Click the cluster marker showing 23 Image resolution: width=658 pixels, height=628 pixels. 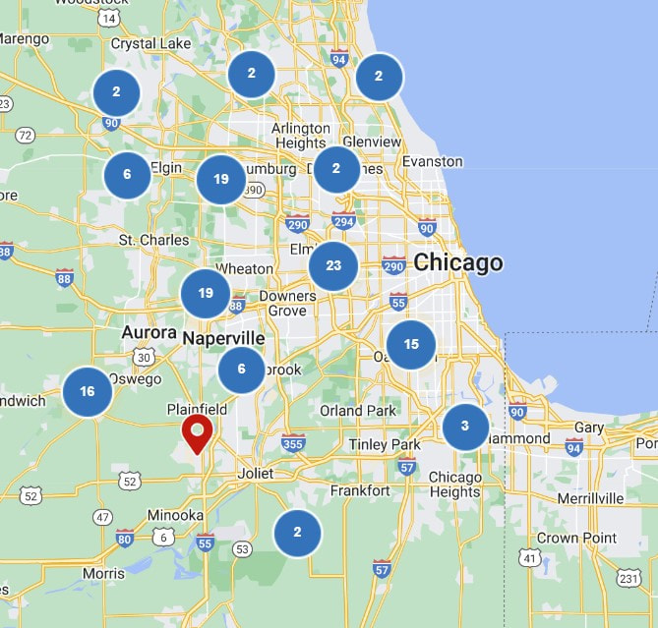tap(333, 265)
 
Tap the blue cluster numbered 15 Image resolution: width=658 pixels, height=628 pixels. tap(411, 344)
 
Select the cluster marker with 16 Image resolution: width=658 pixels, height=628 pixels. tap(88, 392)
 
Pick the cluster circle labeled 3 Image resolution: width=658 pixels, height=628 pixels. tap(465, 427)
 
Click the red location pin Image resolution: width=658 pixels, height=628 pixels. tap(198, 432)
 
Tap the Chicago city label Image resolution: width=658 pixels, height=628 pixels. tap(458, 262)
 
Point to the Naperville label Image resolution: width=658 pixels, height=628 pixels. tap(224, 338)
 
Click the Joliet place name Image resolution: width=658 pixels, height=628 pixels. tap(255, 473)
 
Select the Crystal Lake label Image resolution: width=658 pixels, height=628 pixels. tap(150, 43)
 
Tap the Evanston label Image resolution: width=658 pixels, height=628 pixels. tap(433, 161)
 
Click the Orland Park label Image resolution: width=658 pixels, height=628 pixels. tap(357, 410)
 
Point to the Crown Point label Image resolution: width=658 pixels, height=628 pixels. tap(576, 538)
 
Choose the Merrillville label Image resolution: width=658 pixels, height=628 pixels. tap(590, 498)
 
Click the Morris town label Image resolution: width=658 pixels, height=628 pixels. tap(103, 573)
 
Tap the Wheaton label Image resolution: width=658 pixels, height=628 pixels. tap(244, 268)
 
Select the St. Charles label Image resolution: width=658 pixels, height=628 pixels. tap(153, 239)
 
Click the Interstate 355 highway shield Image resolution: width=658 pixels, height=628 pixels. tap(292, 444)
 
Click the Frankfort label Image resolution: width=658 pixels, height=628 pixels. tap(353, 489)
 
